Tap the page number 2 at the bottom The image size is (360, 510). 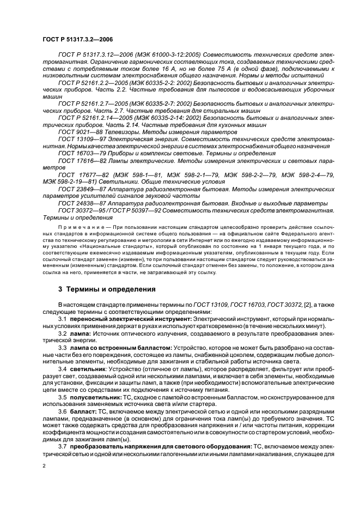click(45, 466)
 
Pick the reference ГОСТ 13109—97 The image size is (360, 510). click(81, 140)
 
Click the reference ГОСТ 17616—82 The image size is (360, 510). click(81, 161)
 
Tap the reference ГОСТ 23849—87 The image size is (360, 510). click(81, 190)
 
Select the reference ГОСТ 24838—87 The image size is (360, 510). click(81, 203)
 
